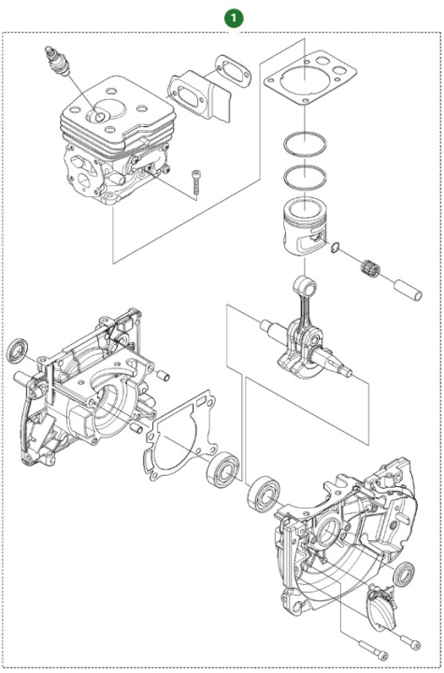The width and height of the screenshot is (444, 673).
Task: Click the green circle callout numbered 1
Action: coord(232,17)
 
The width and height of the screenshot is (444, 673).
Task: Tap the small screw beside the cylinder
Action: coord(198,180)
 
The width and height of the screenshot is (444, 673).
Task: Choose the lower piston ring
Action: coord(305,174)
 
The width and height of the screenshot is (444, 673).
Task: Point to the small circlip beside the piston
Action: coord(335,247)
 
